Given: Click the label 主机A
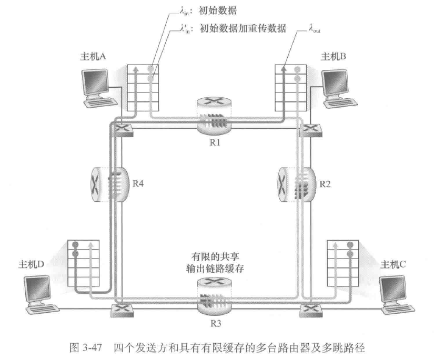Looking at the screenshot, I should click(93, 57).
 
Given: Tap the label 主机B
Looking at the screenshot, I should click(334, 57).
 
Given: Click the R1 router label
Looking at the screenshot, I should click(213, 141).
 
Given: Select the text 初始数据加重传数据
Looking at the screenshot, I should click(243, 29).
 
